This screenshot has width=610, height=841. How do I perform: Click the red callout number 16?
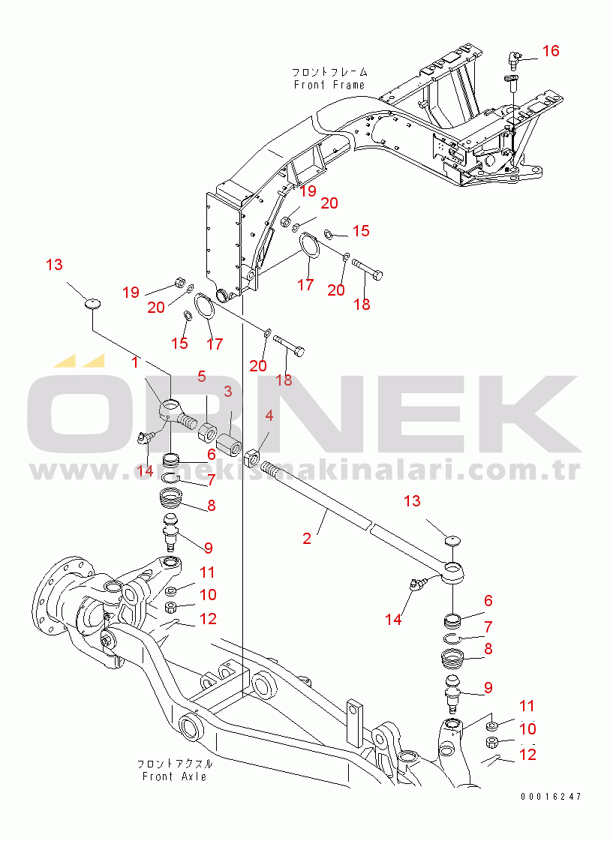pyautogui.click(x=551, y=51)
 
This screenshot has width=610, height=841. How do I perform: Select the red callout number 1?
pyautogui.click(x=136, y=362)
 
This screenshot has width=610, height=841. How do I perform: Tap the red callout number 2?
pyautogui.click(x=307, y=538)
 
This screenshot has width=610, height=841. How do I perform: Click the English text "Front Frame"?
pyautogui.click(x=329, y=85)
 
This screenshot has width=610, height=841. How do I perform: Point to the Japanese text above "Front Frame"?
pyautogui.click(x=329, y=73)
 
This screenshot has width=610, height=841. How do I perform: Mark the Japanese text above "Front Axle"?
pyautogui.click(x=174, y=764)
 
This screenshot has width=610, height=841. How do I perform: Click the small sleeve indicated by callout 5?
pyautogui.click(x=206, y=432)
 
